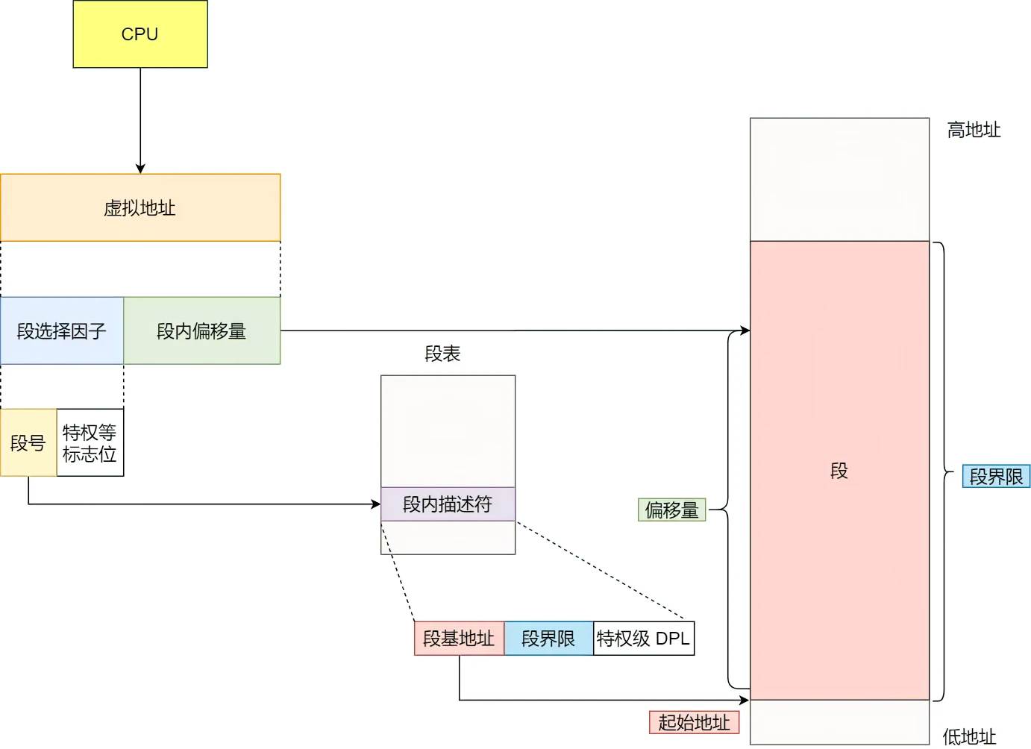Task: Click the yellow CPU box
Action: tap(140, 34)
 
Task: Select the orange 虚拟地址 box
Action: tap(140, 207)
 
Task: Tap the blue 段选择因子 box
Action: tap(62, 330)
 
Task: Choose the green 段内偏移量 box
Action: tap(201, 330)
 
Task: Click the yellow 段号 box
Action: tap(28, 442)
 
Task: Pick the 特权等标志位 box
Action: tap(90, 442)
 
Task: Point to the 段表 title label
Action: tap(442, 354)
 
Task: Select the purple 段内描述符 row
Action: tap(448, 504)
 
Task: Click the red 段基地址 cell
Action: tap(459, 639)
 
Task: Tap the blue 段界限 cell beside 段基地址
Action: tap(548, 639)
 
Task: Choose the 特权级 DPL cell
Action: tap(643, 639)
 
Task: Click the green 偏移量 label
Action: tap(671, 510)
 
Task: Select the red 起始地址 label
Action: tap(694, 722)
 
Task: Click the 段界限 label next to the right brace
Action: tap(996, 477)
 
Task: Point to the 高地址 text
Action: tap(974, 130)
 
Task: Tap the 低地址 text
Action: tap(969, 737)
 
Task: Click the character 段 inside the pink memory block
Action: tap(839, 471)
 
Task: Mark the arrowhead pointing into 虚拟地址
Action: tap(140, 169)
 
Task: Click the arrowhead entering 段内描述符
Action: tap(376, 504)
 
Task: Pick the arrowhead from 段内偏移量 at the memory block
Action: tap(745, 330)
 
